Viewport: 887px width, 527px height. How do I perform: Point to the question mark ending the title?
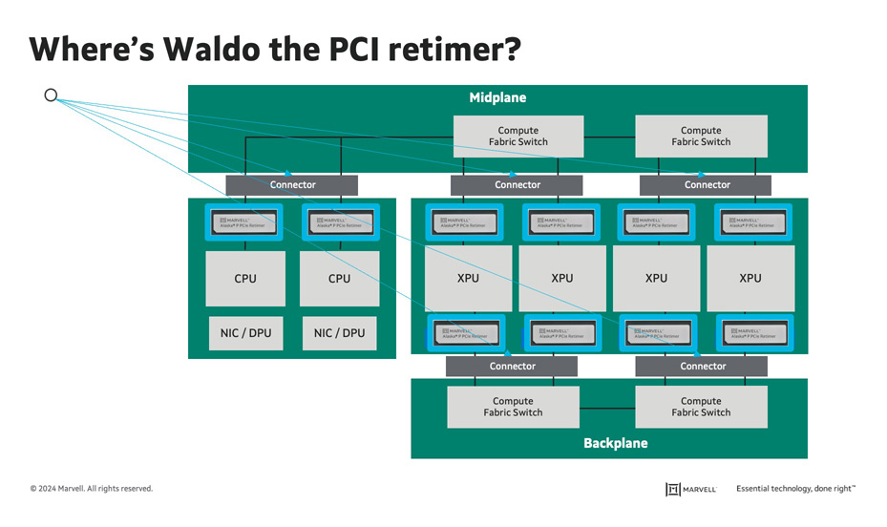(511, 49)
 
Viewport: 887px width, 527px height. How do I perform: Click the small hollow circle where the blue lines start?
(52, 95)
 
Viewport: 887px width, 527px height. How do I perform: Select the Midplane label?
(497, 98)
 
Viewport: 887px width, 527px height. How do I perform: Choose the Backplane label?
(615, 443)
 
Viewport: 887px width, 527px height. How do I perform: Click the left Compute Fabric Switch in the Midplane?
(517, 137)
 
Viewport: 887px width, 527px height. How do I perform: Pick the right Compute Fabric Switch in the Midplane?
(701, 137)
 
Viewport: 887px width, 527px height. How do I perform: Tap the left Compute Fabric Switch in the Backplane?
(513, 408)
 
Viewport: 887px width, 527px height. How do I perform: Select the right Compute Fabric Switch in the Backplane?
(701, 408)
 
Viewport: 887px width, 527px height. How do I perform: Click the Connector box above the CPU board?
(292, 185)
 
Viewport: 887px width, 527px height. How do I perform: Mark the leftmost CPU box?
(245, 279)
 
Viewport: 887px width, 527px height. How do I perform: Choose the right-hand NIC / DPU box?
(339, 333)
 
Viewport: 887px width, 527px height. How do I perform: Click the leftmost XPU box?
(469, 279)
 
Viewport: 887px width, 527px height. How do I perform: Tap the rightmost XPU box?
(750, 279)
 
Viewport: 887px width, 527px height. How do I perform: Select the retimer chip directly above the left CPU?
(245, 223)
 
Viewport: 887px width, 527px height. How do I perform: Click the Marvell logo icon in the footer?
(672, 489)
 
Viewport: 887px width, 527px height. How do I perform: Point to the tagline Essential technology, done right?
(795, 489)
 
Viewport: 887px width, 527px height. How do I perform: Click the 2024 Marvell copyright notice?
(91, 489)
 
